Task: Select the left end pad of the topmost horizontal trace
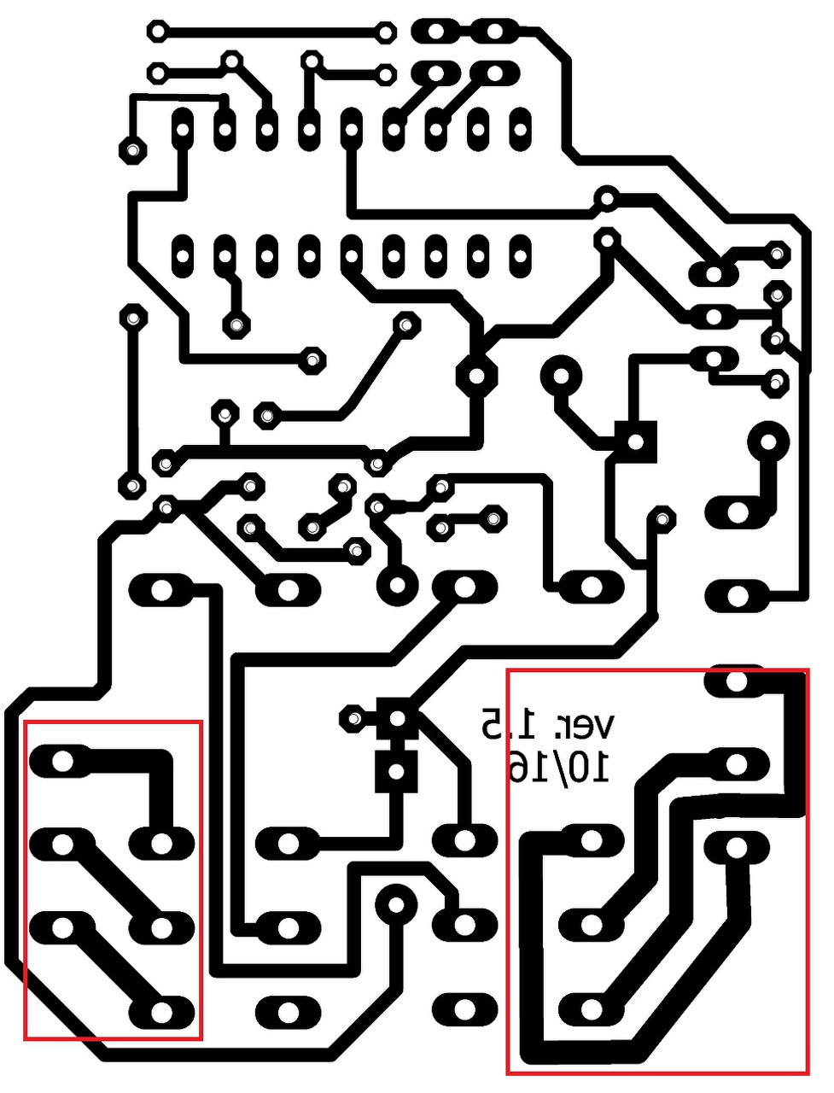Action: (157, 32)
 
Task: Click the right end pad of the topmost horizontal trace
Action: (386, 33)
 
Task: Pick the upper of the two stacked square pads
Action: (395, 718)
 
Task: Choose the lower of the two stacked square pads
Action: (395, 771)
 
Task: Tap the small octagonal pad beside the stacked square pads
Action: (352, 718)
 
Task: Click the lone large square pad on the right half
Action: (636, 441)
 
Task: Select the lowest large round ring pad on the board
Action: (395, 903)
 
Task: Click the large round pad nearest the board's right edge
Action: (767, 442)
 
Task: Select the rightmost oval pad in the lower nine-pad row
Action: (520, 254)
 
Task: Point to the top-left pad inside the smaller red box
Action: (62, 760)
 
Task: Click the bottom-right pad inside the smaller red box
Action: (161, 1012)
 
